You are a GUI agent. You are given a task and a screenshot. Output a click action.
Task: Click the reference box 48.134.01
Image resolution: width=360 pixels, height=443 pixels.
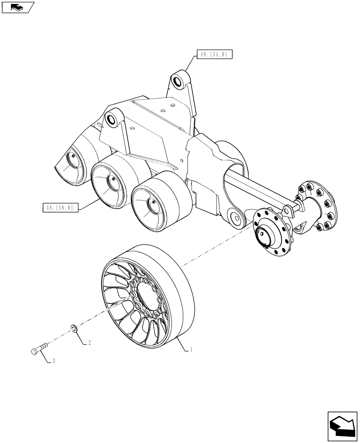tap(214, 55)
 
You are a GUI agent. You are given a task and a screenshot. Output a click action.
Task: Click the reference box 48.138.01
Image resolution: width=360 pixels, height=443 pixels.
tap(60, 207)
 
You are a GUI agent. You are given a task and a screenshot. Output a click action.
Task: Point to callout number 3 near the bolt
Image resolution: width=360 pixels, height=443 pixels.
tap(53, 361)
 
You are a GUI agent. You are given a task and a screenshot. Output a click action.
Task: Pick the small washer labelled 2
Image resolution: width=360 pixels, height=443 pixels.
tap(74, 328)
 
